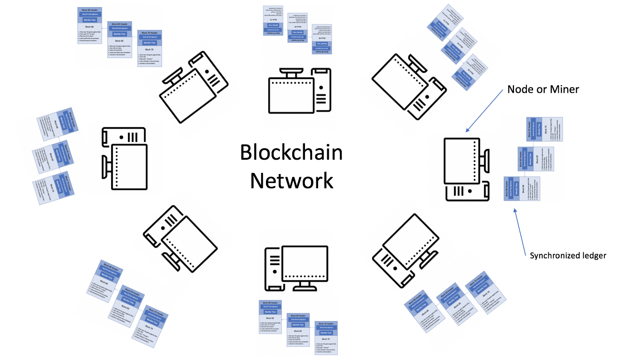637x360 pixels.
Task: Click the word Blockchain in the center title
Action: tap(291, 153)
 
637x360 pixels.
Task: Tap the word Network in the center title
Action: tap(291, 181)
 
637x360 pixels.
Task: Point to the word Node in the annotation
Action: tap(520, 90)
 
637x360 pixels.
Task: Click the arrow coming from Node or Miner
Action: tap(485, 110)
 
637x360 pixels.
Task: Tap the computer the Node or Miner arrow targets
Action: tap(466, 169)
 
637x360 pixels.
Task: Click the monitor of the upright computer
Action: tap(305, 263)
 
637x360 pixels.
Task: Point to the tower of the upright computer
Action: tap(274, 268)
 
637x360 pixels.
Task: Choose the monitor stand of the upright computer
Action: tap(305, 286)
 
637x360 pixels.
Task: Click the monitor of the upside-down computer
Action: tap(291, 96)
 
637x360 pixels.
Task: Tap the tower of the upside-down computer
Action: tap(321, 90)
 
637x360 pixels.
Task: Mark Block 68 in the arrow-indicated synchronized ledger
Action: tap(522, 189)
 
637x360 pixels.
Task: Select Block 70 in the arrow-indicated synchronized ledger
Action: tap(544, 129)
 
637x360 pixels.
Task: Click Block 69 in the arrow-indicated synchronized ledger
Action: tap(535, 159)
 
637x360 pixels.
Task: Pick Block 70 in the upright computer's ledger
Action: tap(326, 338)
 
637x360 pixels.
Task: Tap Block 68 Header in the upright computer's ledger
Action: tap(270, 303)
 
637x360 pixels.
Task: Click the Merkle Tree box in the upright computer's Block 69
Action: tap(298, 325)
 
